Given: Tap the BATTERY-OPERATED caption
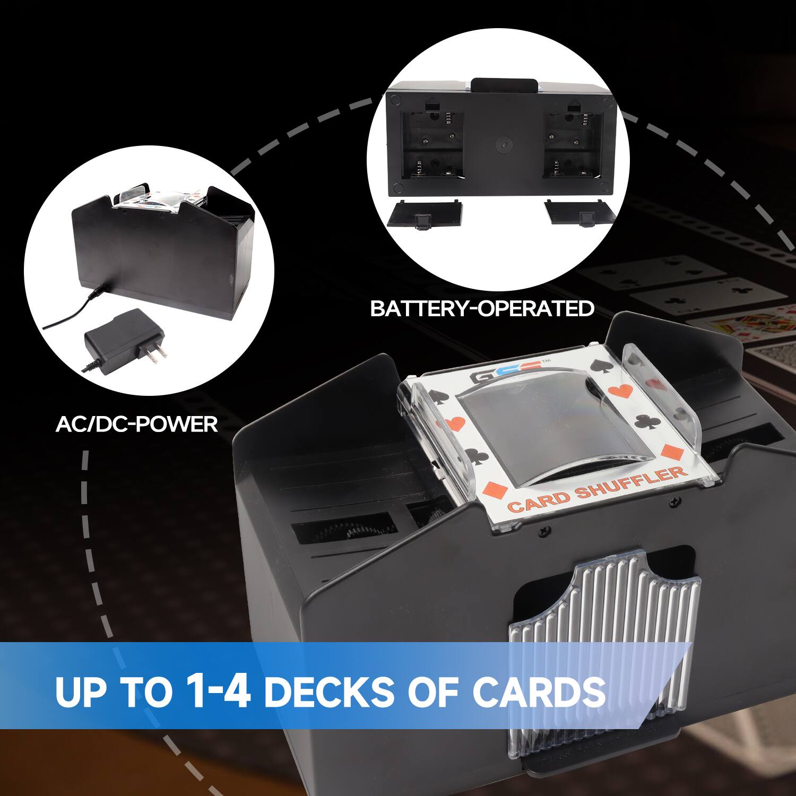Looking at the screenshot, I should click(x=482, y=308).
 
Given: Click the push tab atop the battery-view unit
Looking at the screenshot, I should click(x=504, y=85).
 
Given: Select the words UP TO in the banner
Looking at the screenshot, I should click(x=114, y=691).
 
